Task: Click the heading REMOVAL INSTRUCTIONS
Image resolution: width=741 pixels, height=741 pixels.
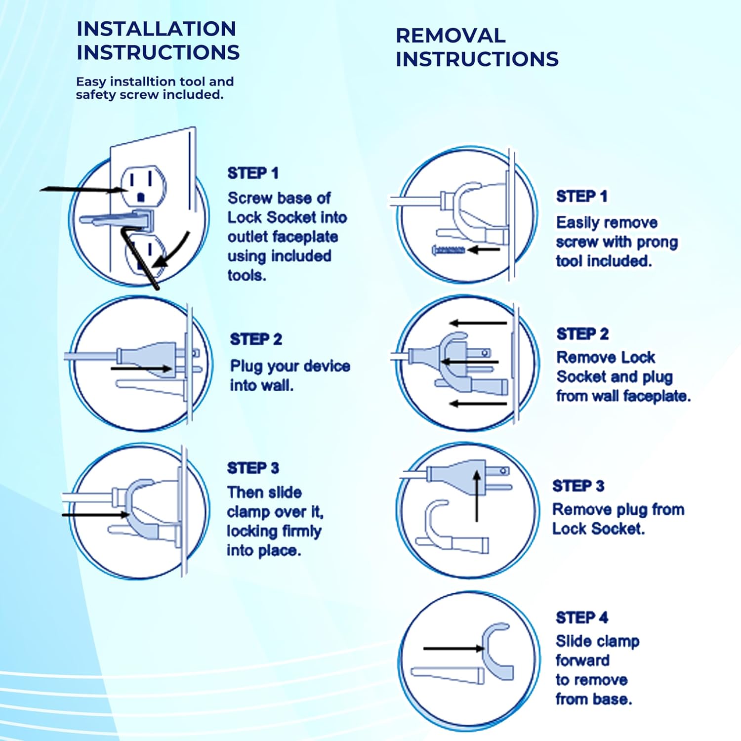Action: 477,47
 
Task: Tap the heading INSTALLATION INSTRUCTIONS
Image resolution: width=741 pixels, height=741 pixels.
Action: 158,41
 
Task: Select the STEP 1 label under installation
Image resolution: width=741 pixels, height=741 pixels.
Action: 253,173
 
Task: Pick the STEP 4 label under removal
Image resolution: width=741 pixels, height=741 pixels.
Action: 582,617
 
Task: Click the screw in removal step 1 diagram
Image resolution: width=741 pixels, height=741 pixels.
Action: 449,250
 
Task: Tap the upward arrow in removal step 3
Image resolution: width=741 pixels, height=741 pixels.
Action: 477,495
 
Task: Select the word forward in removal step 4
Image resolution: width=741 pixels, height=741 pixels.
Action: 582,660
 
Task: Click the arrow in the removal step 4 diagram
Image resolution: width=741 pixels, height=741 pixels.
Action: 453,648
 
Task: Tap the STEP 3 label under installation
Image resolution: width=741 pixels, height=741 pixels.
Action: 253,468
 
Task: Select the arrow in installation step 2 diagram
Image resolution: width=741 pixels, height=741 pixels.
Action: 141,369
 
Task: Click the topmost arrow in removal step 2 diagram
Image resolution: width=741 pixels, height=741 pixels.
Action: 478,323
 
